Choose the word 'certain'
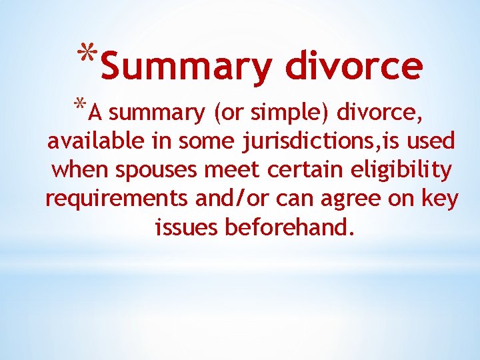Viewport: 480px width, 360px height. click(x=303, y=170)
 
